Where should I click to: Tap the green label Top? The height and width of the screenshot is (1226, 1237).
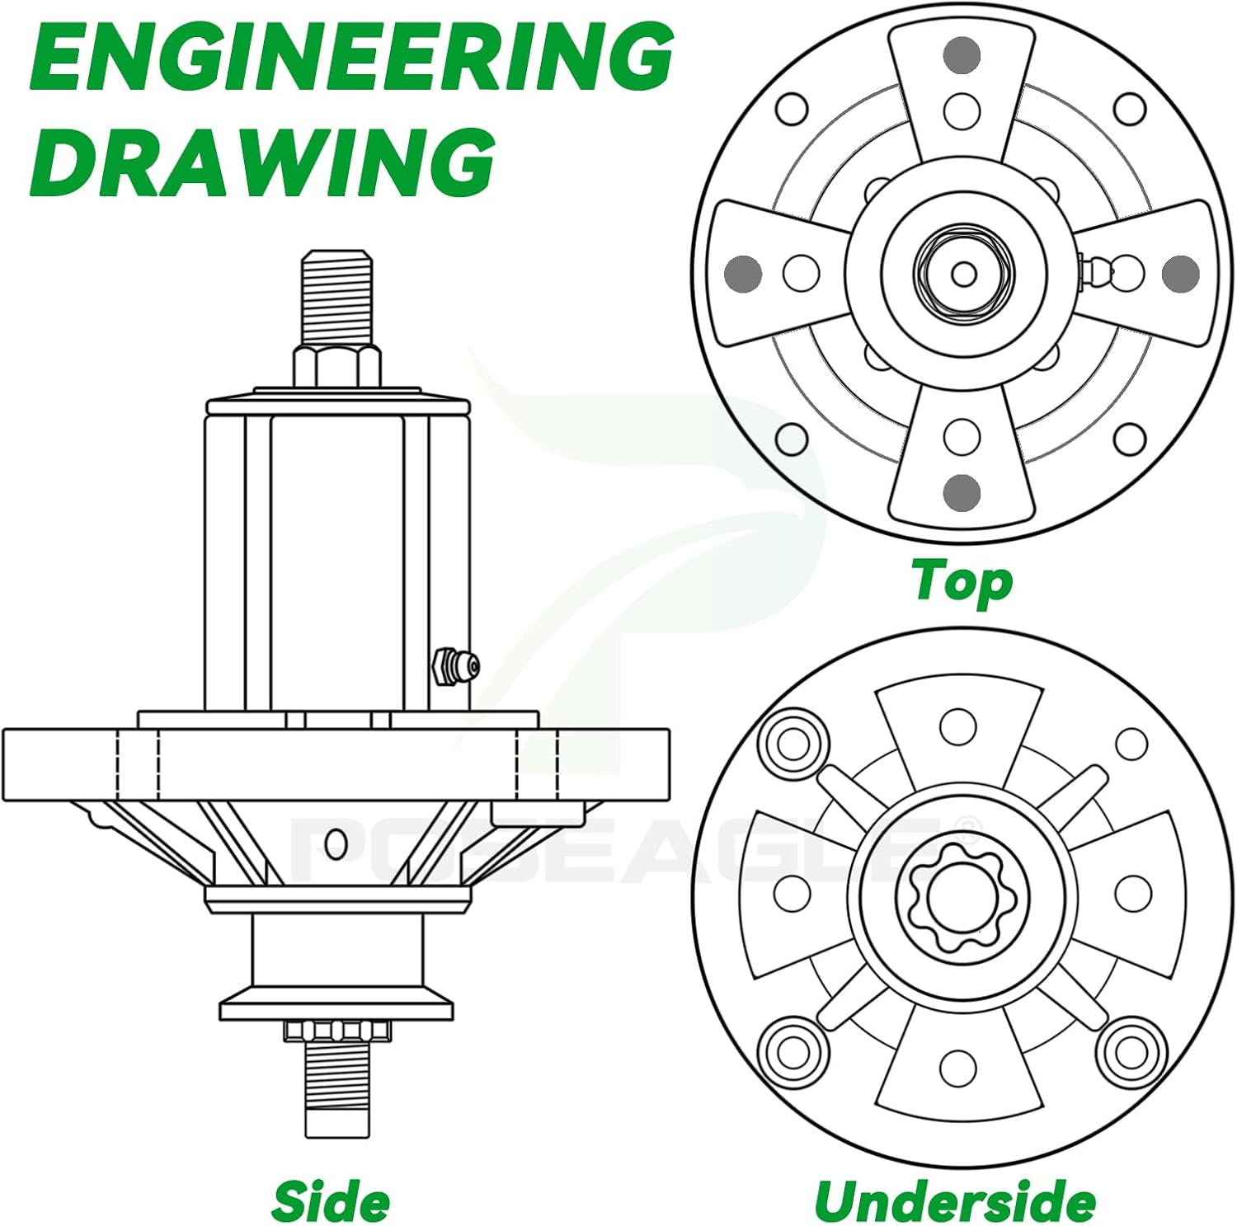962,581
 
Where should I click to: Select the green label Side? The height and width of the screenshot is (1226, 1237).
331,1200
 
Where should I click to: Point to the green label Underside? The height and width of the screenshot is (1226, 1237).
955,1200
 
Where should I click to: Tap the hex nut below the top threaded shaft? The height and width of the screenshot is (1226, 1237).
336,365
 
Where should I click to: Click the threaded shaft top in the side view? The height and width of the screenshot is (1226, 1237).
336,297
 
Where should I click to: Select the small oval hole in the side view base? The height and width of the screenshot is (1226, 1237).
336,843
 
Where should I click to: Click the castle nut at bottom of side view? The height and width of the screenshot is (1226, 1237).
336,1030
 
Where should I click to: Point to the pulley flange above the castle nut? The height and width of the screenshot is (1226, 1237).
336,1008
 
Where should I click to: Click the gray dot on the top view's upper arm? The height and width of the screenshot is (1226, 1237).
962,55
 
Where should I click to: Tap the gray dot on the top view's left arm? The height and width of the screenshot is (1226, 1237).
743,273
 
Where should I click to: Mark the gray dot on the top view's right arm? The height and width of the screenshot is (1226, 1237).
1180,273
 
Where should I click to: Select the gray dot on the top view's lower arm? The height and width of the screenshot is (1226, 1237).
962,492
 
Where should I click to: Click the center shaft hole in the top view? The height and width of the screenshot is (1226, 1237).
963,274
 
